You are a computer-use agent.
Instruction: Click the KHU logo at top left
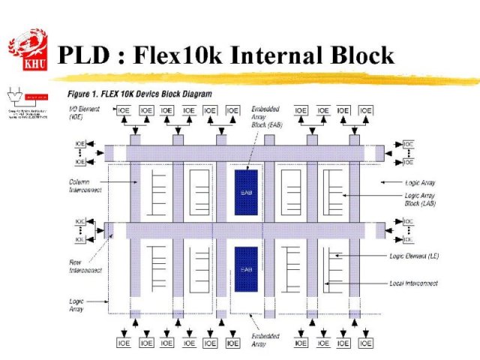pos(28,49)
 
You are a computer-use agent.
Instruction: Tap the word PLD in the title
pos(85,55)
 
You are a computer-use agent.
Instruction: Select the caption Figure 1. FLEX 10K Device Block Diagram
pos(139,94)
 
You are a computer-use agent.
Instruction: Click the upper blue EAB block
pos(246,193)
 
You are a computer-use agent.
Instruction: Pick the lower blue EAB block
pos(246,269)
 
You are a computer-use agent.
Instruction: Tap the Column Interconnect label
pos(84,185)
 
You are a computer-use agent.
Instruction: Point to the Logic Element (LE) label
pos(414,256)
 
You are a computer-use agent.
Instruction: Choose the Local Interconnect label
pos(414,283)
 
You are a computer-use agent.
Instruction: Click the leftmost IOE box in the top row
pos(125,110)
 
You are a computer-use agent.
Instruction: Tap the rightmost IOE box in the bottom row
pos(365,343)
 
